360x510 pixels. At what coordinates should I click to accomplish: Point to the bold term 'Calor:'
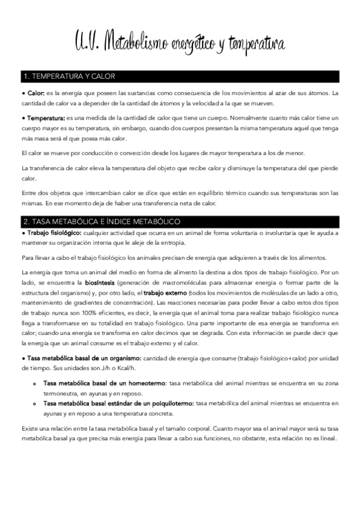pos(35,93)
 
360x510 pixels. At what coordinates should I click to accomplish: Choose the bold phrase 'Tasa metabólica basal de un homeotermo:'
pos(105,383)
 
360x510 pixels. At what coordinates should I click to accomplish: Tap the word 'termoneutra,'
pos(62,393)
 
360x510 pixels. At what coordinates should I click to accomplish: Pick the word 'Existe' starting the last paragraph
pos(29,428)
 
